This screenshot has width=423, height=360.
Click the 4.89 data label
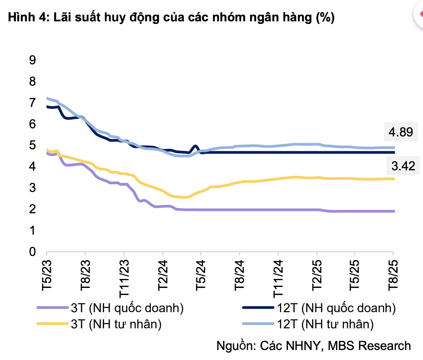pyautogui.click(x=401, y=132)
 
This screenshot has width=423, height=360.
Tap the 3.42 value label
pyautogui.click(x=403, y=166)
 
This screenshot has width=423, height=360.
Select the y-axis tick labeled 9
pyautogui.click(x=32, y=60)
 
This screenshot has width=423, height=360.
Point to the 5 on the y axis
pyautogui.click(x=32, y=145)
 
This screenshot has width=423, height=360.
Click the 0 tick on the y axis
pyautogui.click(x=32, y=251)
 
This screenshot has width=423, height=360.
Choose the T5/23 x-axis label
pyautogui.click(x=47, y=275)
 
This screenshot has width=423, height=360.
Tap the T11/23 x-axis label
pyautogui.click(x=124, y=278)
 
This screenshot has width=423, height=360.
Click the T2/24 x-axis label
pyautogui.click(x=163, y=275)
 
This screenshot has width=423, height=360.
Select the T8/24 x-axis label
pyautogui.click(x=240, y=275)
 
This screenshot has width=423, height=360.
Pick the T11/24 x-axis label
pyautogui.click(x=278, y=278)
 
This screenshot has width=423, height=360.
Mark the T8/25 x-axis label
pyautogui.click(x=393, y=275)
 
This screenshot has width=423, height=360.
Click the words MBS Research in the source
pyautogui.click(x=369, y=346)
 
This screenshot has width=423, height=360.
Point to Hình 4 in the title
pyautogui.click(x=27, y=17)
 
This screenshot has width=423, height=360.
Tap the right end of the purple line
pyautogui.click(x=394, y=211)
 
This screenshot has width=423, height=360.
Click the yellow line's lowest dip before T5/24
pyautogui.click(x=185, y=197)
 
